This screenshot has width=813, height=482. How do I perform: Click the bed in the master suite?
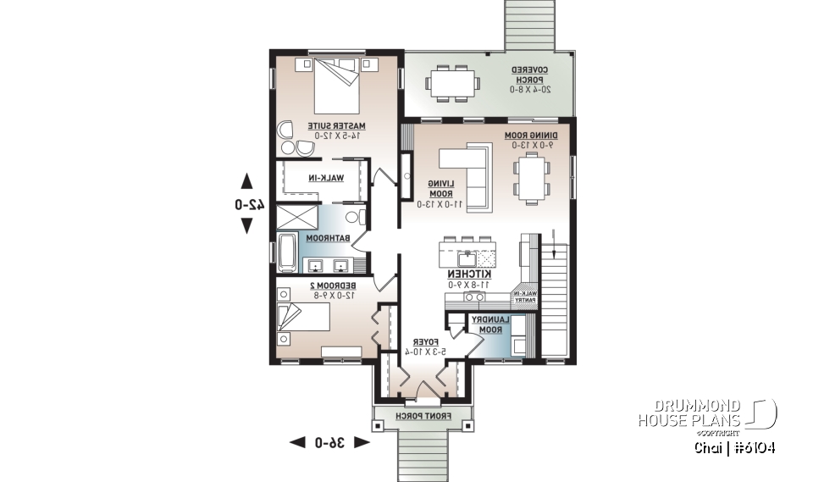[340, 87]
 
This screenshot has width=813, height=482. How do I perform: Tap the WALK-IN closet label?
[324, 179]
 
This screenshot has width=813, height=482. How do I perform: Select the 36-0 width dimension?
[329, 442]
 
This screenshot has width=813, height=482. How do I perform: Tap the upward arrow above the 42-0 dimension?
[246, 180]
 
